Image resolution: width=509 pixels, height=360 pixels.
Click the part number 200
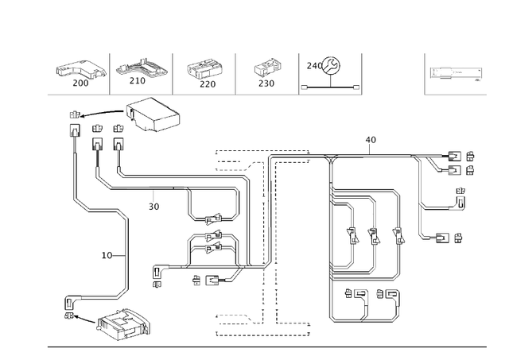coord(80,82)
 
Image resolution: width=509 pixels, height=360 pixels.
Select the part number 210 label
coord(138,81)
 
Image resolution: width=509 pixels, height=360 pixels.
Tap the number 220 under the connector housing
coord(208,83)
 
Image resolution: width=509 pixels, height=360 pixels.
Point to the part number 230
coord(266,83)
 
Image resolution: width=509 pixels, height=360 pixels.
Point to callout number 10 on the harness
coord(107,256)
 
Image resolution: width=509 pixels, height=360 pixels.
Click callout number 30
coord(153,206)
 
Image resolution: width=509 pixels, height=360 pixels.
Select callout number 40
coord(371,140)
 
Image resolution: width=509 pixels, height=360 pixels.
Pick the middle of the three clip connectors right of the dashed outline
coord(372,235)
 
